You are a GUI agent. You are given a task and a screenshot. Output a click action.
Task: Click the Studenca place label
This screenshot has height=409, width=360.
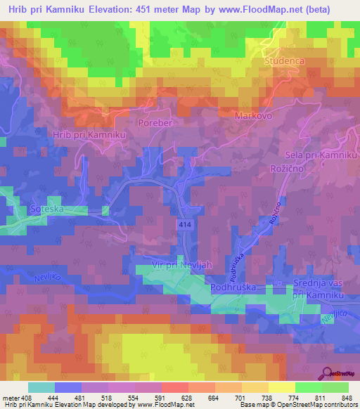pyautogui.click(x=285, y=62)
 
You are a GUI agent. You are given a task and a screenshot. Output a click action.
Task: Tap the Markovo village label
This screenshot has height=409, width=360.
pyautogui.click(x=254, y=115)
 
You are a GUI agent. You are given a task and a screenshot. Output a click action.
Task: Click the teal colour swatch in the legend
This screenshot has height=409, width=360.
pyautogui.click(x=41, y=387)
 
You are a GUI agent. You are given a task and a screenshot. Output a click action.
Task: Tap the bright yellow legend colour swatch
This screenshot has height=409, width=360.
pyautogui.click(x=282, y=387)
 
